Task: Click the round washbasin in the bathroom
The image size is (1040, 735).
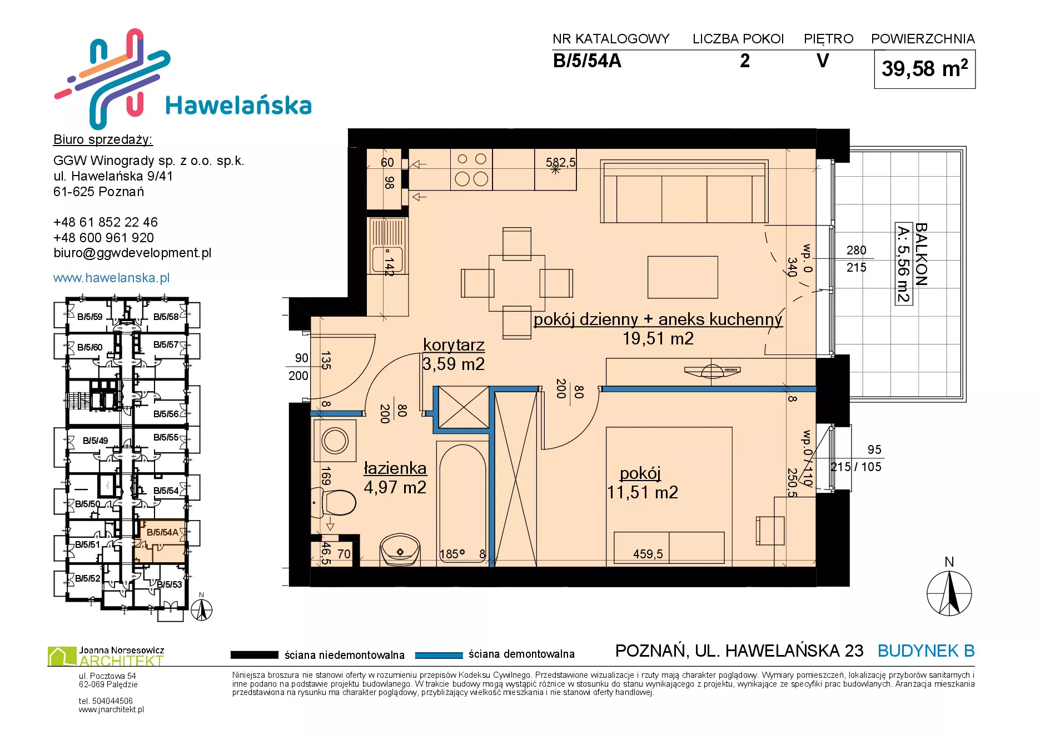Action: coord(400,549)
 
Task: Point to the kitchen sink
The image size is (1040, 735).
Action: coord(387,246)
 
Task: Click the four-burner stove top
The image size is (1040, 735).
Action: coord(471,169)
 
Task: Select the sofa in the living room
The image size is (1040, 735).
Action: coord(684,192)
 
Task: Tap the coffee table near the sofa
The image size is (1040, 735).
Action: coord(683,277)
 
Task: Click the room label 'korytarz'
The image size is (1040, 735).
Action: coord(454,345)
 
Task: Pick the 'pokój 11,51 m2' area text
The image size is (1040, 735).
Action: coord(642,483)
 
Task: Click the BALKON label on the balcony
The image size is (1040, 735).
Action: coord(921,254)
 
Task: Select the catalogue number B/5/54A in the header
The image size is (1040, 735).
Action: coord(587,61)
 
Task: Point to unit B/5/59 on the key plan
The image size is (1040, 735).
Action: coord(89,317)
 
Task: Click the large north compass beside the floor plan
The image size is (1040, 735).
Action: coord(949,593)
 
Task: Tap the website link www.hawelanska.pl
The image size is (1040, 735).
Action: coord(111,278)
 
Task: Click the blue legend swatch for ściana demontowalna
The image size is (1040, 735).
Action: coord(439,655)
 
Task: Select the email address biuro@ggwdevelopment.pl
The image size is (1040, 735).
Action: coord(132,253)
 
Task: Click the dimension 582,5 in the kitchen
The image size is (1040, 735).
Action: coord(560,162)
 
